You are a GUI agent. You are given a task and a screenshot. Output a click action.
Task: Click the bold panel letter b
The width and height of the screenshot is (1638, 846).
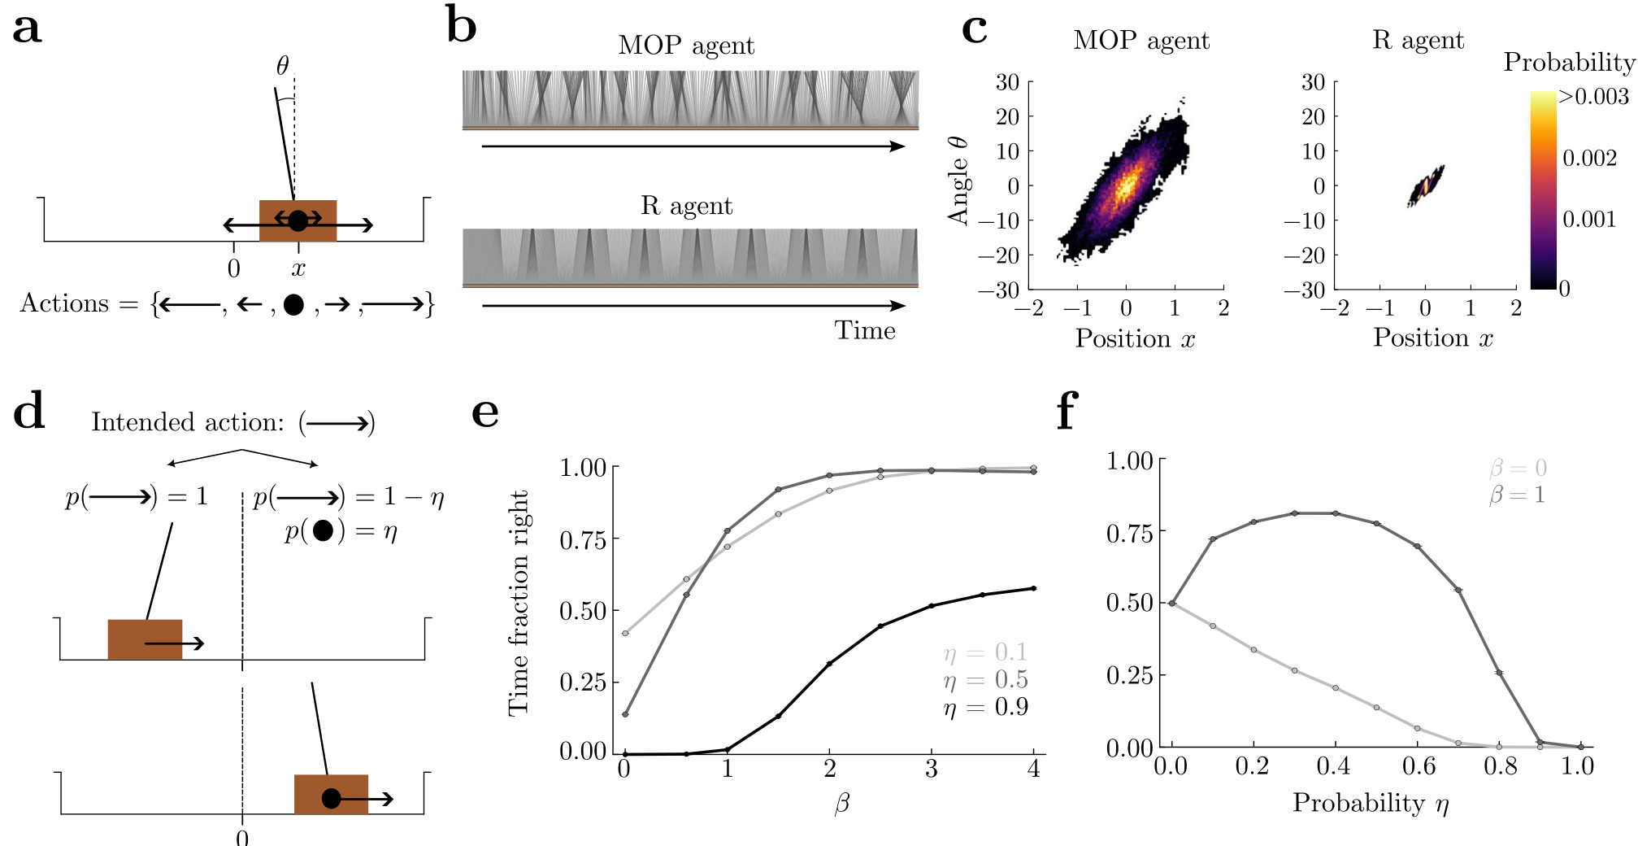coord(461,27)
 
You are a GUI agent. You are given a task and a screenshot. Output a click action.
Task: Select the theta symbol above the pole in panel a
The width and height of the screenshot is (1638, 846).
coord(282,65)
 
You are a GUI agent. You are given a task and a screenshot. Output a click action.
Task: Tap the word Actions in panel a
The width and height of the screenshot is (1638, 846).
coord(64,303)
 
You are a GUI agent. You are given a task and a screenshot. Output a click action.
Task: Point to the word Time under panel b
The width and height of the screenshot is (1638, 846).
coord(864,330)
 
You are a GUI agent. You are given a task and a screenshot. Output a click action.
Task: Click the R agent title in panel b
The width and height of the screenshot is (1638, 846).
coord(686,206)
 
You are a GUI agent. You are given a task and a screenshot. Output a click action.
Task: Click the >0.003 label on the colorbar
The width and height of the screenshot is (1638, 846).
coord(1593,97)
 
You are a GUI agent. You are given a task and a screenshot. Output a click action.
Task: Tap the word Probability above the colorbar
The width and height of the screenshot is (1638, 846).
coord(1568,62)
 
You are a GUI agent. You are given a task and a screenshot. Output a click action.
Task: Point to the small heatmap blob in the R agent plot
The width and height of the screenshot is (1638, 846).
coord(1426,186)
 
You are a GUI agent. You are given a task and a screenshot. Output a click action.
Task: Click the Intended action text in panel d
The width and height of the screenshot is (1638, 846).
coord(188,422)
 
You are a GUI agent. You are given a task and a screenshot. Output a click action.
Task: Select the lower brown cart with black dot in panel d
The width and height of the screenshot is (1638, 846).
coord(331,795)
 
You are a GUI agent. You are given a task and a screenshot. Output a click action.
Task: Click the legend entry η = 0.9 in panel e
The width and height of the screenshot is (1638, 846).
coord(985,707)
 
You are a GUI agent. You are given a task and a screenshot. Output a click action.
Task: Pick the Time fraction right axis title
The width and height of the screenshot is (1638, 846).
coord(518,603)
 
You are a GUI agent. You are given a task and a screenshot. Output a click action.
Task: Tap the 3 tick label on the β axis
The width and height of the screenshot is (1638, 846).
coord(931,769)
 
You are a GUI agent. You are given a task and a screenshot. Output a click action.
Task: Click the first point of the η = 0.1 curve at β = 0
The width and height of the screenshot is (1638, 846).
coord(624,633)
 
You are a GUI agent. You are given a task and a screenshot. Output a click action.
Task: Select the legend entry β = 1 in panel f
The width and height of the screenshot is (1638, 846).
coord(1517,495)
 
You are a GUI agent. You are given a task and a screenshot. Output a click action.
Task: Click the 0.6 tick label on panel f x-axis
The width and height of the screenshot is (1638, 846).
coord(1419,766)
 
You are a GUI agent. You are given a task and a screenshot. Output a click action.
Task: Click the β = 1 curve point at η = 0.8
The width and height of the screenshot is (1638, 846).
coord(1499,673)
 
